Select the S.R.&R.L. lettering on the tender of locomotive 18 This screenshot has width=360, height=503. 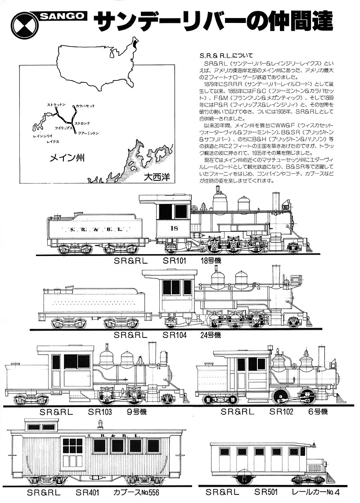click(x=95, y=229)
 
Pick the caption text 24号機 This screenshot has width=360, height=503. click(x=211, y=335)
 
